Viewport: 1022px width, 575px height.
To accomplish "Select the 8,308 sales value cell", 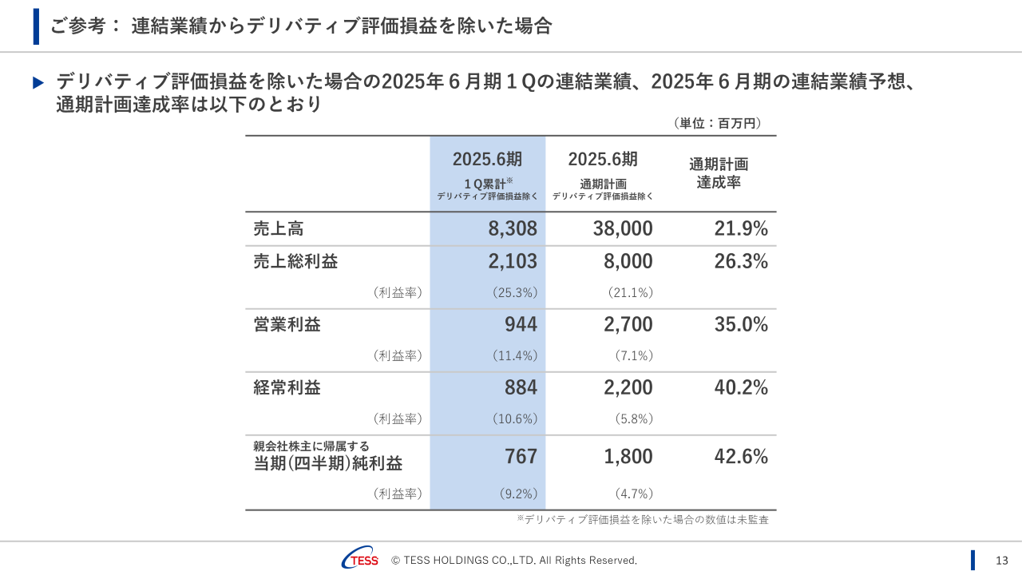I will pos(513,229).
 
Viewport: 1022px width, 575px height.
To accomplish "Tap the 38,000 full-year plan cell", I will pos(623,229).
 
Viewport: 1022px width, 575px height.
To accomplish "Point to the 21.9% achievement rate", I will pos(741,229).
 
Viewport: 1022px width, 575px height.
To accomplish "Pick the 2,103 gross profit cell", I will pos(513,261).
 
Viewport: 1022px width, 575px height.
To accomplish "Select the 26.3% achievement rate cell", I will pos(741,261).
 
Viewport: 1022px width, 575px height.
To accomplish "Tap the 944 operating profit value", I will pos(521,324).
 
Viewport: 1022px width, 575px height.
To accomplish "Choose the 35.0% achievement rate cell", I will pos(741,324).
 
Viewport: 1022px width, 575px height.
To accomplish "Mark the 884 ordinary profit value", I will pos(521,387).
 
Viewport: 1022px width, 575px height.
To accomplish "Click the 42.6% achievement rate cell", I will pos(741,457).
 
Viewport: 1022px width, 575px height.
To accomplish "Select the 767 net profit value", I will pos(521,457).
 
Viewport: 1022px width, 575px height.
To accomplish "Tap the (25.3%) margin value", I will pos(515,292).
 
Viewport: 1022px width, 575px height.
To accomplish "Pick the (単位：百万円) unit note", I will pos(718,123).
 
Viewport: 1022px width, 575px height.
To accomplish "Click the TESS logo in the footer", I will pos(360,560).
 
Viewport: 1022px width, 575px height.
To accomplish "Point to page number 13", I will pos(1002,560).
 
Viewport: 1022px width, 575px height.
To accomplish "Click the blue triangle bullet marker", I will pos(38,82).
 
